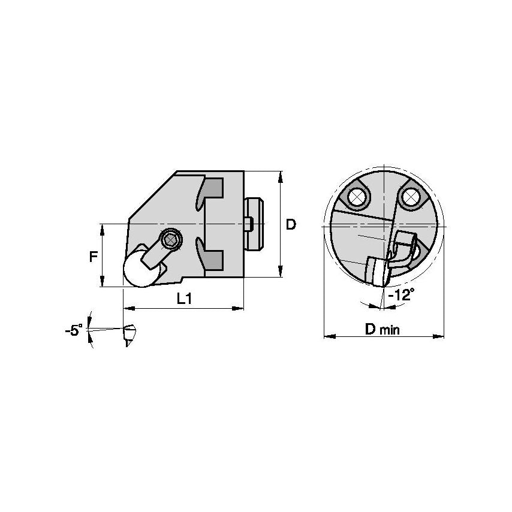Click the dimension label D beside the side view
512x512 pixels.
pyautogui.click(x=290, y=225)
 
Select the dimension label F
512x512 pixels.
pyautogui.click(x=94, y=257)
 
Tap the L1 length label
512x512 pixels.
pyautogui.click(x=184, y=299)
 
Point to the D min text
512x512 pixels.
pyautogui.click(x=383, y=329)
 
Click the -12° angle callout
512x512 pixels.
pyautogui.click(x=400, y=296)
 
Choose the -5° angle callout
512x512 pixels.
pyautogui.click(x=74, y=330)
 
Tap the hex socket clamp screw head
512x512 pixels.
pyautogui.click(x=171, y=239)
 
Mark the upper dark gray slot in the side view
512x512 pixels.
pyautogui.click(x=212, y=191)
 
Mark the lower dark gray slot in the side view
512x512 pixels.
pyautogui.click(x=212, y=260)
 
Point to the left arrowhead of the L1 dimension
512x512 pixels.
pyautogui.click(x=127, y=309)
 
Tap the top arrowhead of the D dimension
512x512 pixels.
pyautogui.click(x=280, y=175)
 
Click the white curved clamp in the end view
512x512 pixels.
pyautogui.click(x=400, y=252)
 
